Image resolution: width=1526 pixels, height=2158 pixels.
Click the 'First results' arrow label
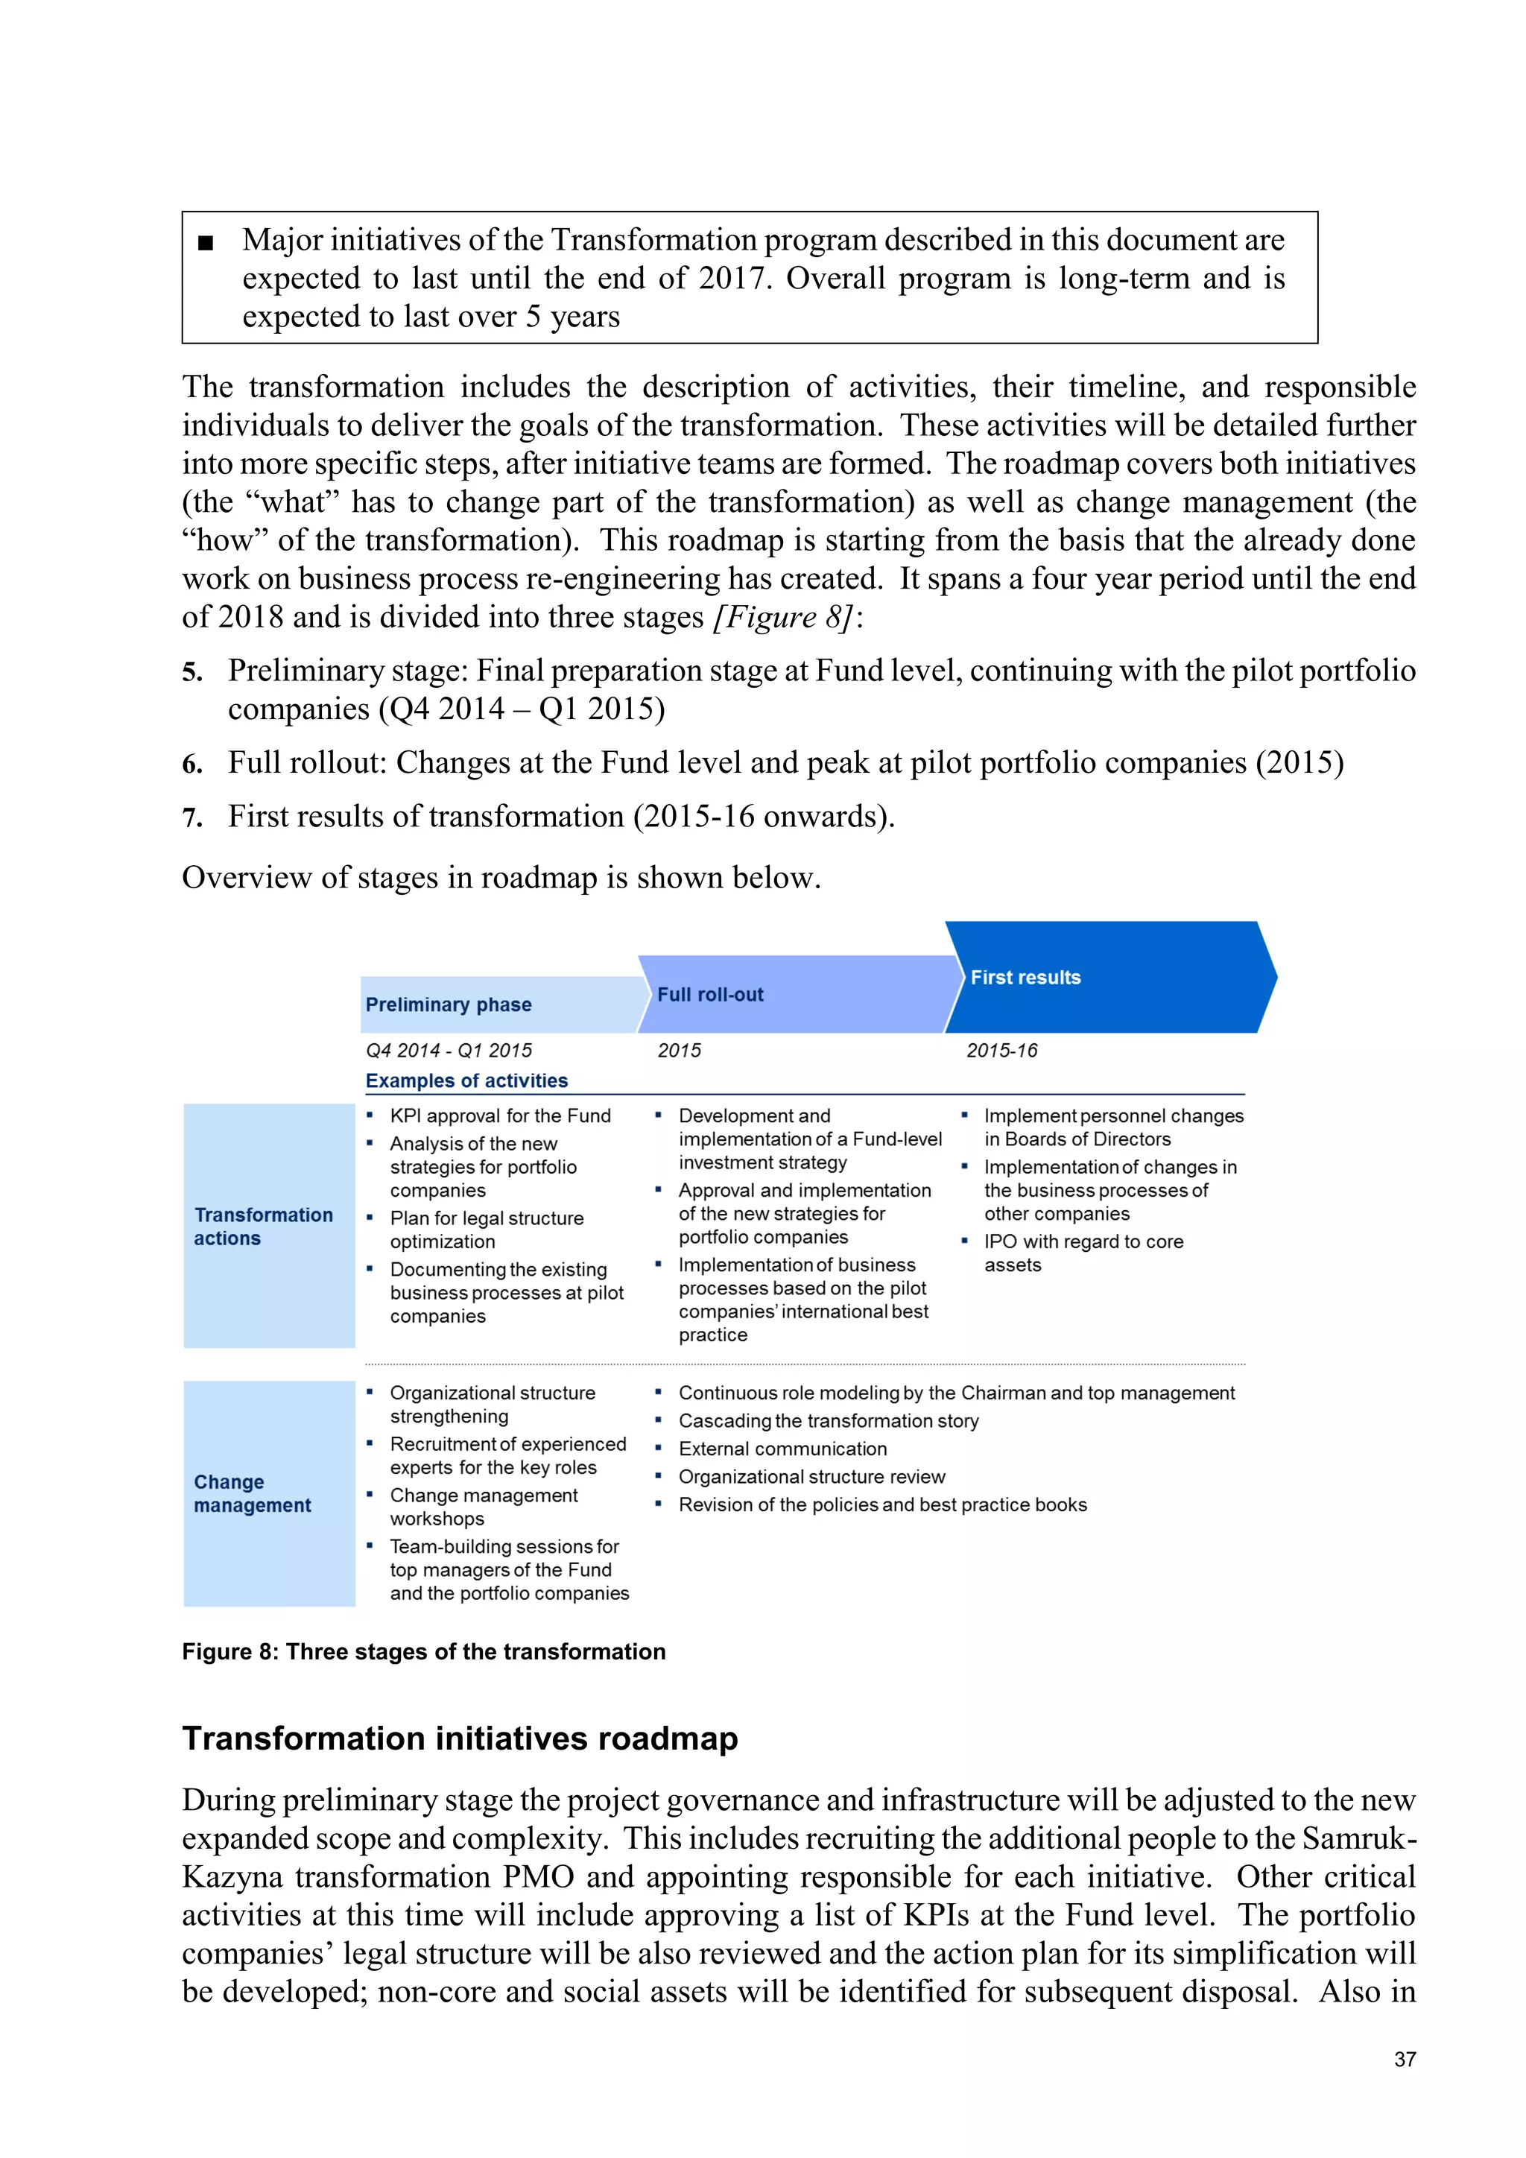tap(1025, 978)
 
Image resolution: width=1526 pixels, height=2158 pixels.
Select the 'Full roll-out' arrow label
tap(710, 994)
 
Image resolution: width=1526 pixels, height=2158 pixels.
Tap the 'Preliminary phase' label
tap(449, 1004)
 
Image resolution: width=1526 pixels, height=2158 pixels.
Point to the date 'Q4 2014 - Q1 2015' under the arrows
tap(449, 1050)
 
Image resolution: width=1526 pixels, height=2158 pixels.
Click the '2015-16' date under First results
tap(1001, 1050)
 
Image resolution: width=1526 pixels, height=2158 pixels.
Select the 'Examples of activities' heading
tap(466, 1081)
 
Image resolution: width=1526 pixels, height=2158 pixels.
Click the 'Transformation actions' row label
tap(264, 1227)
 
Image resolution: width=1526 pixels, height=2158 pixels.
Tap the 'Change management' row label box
tap(269, 1493)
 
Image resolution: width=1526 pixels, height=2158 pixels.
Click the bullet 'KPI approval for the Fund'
tap(500, 1116)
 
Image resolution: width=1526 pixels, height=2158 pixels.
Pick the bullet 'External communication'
tap(782, 1449)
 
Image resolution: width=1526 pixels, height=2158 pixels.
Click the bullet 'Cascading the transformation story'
tap(828, 1420)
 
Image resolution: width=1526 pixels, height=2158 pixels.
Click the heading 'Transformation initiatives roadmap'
tap(460, 1738)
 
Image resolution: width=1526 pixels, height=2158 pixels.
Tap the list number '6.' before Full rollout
tap(193, 764)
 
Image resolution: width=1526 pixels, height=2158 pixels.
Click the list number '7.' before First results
tap(193, 817)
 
